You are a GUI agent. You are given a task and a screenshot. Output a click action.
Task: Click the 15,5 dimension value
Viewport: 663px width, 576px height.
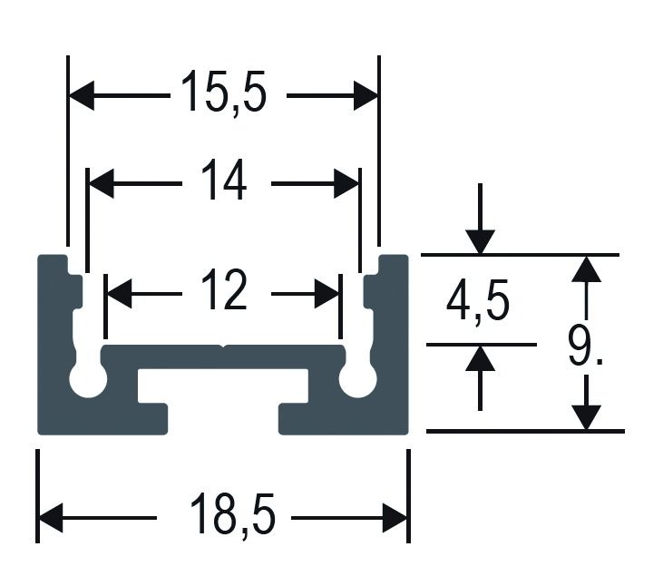223,93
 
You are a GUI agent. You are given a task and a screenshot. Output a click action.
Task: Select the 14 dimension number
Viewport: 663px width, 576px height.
223,182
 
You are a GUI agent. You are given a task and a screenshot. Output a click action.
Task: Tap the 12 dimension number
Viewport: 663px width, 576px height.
223,293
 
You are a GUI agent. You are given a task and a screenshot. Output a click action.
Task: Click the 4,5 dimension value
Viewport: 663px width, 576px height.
477,302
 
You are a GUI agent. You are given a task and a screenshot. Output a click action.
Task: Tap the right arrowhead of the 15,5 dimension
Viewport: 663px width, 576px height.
366,94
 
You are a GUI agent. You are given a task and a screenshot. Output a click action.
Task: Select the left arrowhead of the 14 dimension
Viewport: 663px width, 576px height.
100,183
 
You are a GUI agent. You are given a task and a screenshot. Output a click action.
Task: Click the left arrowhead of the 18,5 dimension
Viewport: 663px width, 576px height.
51,518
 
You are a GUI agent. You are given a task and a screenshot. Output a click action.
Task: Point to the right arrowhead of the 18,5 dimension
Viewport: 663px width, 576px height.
395,518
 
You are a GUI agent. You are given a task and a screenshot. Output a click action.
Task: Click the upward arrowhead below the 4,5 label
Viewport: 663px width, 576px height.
481,358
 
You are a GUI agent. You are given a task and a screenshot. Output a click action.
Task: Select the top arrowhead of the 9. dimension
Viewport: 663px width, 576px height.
588,268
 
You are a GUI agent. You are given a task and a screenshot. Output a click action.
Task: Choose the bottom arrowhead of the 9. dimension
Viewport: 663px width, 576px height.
588,416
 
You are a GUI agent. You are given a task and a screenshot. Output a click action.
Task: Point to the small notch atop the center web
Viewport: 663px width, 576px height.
223,347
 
